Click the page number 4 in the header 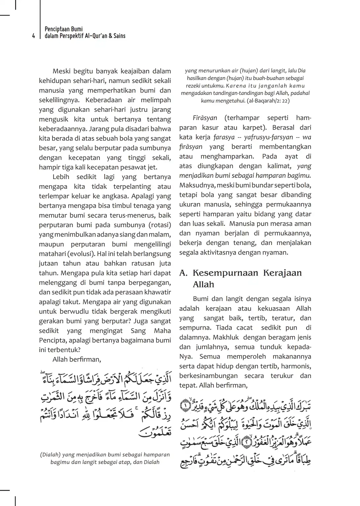[33, 36]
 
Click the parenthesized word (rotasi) [160, 225]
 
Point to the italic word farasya [224, 137]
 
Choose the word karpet [252, 128]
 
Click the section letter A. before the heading [184, 273]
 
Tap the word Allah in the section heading [204, 284]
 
